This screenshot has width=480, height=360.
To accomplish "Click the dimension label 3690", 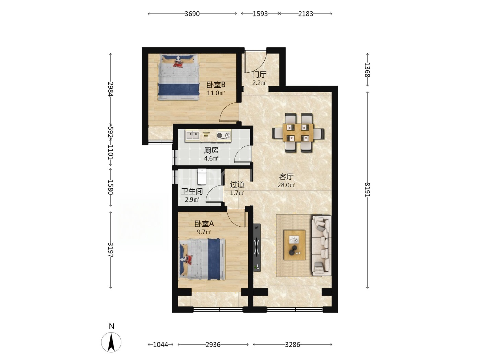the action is [x=192, y=14].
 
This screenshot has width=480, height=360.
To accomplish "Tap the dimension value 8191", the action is [x=367, y=190].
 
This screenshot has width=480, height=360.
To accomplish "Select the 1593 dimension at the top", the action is [x=260, y=14].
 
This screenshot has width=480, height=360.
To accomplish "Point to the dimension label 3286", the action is [x=292, y=345].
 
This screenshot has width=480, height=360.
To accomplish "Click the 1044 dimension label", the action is [x=160, y=345].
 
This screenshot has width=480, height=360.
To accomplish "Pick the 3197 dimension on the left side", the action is [x=111, y=250].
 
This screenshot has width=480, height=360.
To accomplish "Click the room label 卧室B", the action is [x=216, y=85].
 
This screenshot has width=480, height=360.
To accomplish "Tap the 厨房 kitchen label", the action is [x=211, y=150].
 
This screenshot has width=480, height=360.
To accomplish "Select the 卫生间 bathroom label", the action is [x=192, y=191].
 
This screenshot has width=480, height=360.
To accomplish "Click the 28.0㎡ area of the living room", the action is [x=286, y=185].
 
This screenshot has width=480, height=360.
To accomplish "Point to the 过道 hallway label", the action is [x=237, y=184].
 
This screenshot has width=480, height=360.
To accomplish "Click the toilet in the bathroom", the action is [x=202, y=176].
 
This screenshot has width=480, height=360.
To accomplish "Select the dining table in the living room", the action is [x=298, y=133].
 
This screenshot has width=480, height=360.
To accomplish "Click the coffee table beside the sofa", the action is [x=294, y=245].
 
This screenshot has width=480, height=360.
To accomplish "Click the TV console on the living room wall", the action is [x=257, y=248].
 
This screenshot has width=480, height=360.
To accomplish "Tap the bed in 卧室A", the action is [x=202, y=260].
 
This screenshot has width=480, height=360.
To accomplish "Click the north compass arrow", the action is [x=111, y=342].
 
